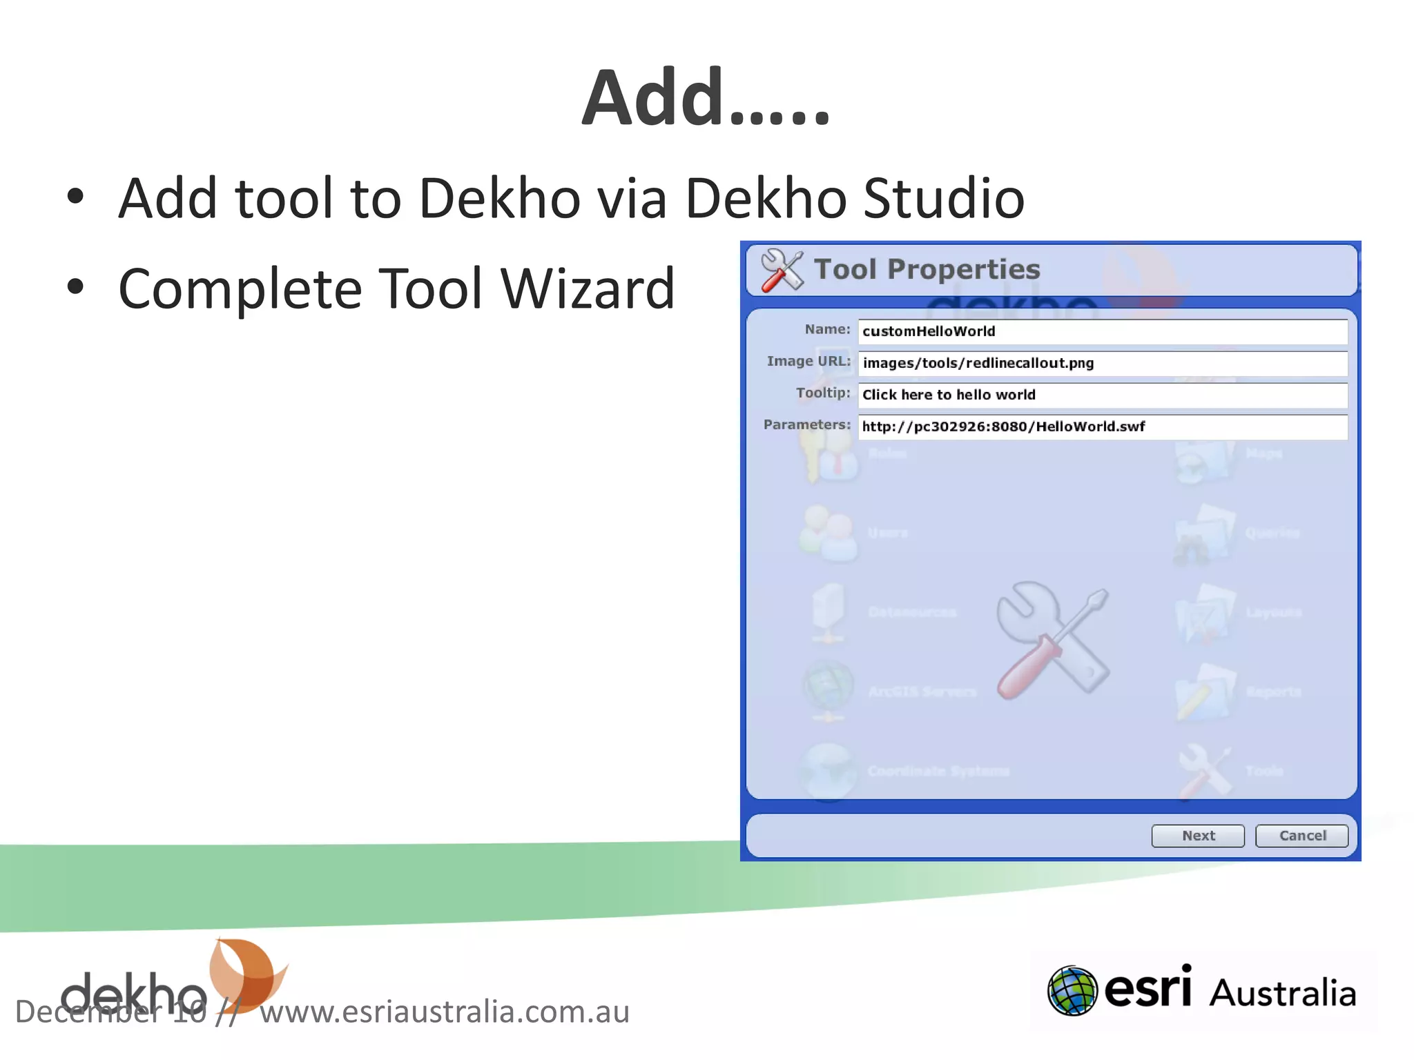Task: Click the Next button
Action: (x=1197, y=836)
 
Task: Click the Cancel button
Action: (x=1301, y=836)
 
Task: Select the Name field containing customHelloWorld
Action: (x=1102, y=331)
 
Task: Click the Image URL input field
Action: (x=1102, y=363)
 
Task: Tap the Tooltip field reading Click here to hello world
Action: (x=1102, y=395)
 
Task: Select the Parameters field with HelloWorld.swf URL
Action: (x=1102, y=426)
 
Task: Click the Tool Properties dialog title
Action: (x=927, y=269)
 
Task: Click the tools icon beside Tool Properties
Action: (x=782, y=270)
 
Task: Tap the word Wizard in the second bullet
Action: (x=587, y=289)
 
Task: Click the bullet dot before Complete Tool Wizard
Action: (x=75, y=287)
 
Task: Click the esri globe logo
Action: (x=1072, y=991)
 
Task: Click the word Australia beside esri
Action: (x=1282, y=993)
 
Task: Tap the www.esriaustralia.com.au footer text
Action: (x=444, y=1012)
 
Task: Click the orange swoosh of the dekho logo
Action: (x=246, y=974)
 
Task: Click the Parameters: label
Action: (x=806, y=425)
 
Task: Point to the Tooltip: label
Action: (x=822, y=393)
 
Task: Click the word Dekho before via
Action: (x=499, y=199)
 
